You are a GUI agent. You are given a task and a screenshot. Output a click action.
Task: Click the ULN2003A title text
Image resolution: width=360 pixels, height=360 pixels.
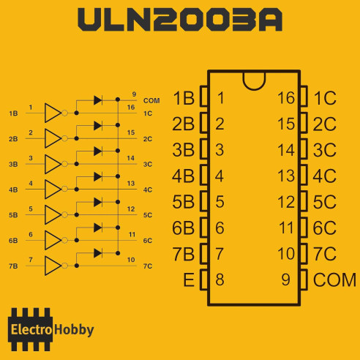(x=180, y=20)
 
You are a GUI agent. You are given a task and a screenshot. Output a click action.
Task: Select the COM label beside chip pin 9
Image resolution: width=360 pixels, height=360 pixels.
(x=334, y=280)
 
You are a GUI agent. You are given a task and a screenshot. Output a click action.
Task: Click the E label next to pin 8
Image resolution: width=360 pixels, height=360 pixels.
(x=189, y=280)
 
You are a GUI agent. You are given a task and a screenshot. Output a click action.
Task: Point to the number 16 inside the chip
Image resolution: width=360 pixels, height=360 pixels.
(x=286, y=98)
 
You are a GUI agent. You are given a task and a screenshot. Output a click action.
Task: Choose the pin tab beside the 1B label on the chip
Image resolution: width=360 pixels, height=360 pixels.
(x=204, y=96)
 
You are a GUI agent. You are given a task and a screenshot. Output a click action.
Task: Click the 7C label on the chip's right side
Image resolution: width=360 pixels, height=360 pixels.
(x=324, y=254)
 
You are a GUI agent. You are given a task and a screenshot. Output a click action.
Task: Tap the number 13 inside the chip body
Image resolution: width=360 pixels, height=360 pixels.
(x=286, y=176)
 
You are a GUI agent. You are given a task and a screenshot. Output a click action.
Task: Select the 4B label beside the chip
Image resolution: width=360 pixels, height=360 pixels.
(x=183, y=176)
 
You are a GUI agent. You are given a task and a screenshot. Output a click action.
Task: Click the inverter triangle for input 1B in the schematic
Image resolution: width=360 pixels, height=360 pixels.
(x=53, y=113)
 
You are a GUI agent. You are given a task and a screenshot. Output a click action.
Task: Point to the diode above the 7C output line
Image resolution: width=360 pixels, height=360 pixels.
(x=98, y=253)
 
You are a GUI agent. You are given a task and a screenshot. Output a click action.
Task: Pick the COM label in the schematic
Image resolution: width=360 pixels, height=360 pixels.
(x=151, y=101)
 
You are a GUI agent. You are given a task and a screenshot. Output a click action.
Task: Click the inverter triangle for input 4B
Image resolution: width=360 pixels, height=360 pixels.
(x=53, y=189)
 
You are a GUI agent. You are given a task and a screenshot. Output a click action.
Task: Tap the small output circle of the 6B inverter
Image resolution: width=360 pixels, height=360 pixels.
(x=64, y=240)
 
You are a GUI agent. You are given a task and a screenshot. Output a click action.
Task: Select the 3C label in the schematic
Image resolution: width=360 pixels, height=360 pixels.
(x=148, y=164)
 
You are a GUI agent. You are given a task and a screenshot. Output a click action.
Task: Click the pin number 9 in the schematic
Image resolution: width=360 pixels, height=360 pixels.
(x=134, y=94)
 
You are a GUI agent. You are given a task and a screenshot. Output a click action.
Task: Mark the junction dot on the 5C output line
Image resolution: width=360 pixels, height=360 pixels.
(x=77, y=215)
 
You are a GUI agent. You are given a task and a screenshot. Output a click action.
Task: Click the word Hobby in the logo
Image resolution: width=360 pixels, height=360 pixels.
(x=74, y=330)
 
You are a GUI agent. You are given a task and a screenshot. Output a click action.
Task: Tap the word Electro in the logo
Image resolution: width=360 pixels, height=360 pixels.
(x=31, y=330)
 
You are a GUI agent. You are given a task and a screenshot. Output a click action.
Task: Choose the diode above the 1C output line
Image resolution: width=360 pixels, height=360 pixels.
(x=98, y=100)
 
